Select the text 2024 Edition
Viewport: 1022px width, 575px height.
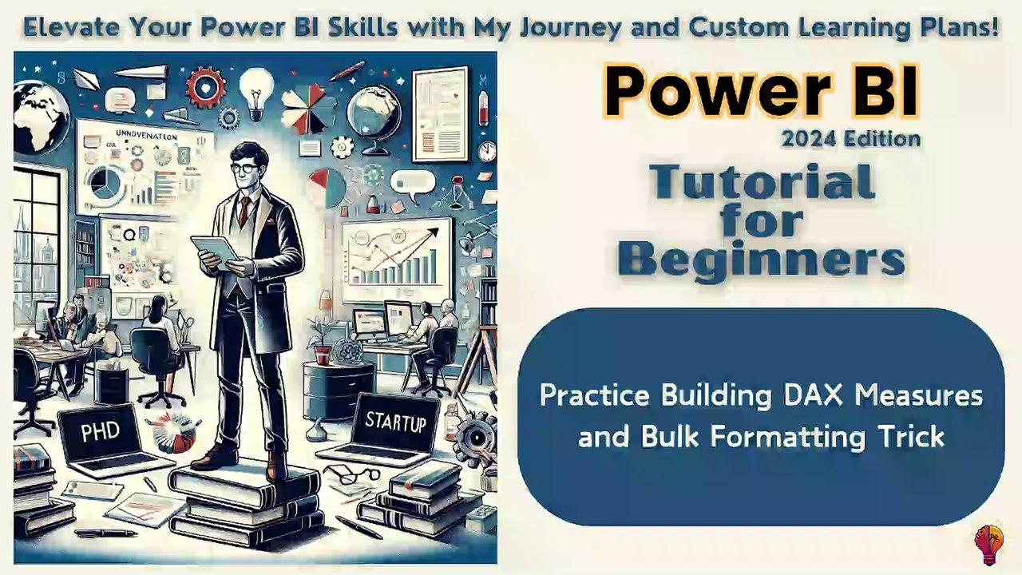point(851,139)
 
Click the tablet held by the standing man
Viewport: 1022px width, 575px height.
point(212,250)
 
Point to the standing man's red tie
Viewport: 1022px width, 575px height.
point(244,212)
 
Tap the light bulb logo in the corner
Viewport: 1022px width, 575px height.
point(988,545)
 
